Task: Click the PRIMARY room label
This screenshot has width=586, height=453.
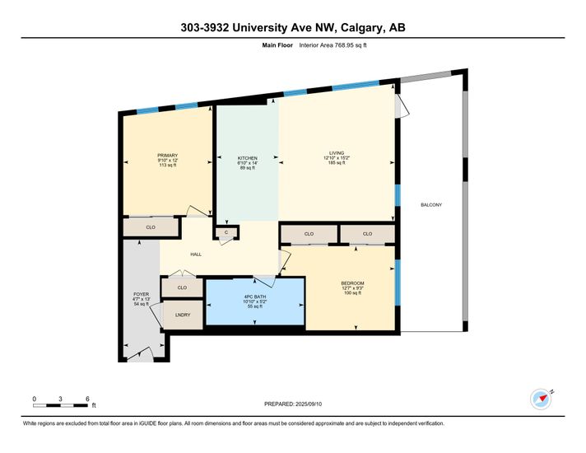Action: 167,155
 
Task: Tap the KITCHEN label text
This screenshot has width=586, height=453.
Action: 248,158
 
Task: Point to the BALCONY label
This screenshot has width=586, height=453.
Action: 431,204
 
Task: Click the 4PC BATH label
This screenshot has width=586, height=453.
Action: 255,297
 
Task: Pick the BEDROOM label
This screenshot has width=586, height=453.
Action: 352,283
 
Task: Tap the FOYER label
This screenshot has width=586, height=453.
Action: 142,294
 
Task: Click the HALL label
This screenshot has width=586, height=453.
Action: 196,255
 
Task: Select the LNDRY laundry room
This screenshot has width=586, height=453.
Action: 183,315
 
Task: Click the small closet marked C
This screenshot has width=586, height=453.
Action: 226,232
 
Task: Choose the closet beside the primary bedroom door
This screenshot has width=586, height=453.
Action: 151,227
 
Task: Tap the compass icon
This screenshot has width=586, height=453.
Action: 542,399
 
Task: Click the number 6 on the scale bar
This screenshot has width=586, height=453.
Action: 87,399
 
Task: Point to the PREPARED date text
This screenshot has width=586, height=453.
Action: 293,404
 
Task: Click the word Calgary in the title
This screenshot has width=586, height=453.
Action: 362,28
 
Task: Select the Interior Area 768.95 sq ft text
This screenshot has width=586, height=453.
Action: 333,45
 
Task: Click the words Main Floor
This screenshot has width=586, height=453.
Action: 277,45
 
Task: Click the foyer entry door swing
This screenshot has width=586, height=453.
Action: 140,354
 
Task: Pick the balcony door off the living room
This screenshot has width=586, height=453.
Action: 403,106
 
